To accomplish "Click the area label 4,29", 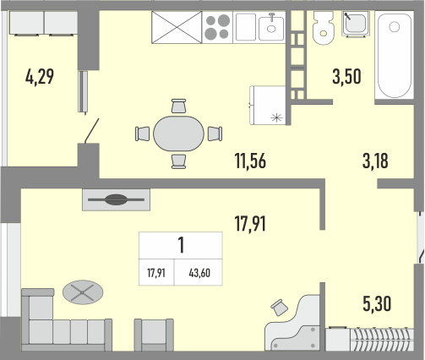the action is pyautogui.click(x=40, y=77).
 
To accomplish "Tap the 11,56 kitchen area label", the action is pyautogui.click(x=250, y=161).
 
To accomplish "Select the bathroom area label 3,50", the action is pyautogui.click(x=346, y=77).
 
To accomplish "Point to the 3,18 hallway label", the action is pyautogui.click(x=375, y=161).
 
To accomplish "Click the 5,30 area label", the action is pyautogui.click(x=377, y=304).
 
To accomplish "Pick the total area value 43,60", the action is pyautogui.click(x=199, y=273).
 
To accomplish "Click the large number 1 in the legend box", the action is pyautogui.click(x=181, y=245).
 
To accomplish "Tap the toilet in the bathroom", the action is pyautogui.click(x=324, y=28).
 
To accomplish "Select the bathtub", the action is pyautogui.click(x=395, y=55).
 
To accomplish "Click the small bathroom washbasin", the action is pyautogui.click(x=356, y=24).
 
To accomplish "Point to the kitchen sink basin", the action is pyautogui.click(x=271, y=28).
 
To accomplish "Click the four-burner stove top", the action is pyautogui.click(x=217, y=27).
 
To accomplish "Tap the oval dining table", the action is pyautogui.click(x=178, y=134).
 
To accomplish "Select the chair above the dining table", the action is pyautogui.click(x=178, y=106).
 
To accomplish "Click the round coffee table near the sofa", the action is pyautogui.click(x=83, y=292).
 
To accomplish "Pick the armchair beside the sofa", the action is pyautogui.click(x=154, y=335).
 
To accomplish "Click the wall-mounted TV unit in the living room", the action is pyautogui.click(x=116, y=199).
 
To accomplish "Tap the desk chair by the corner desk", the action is pyautogui.click(x=279, y=308).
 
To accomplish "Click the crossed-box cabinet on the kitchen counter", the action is pyautogui.click(x=177, y=27).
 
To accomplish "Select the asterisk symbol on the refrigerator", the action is pyautogui.click(x=276, y=117).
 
